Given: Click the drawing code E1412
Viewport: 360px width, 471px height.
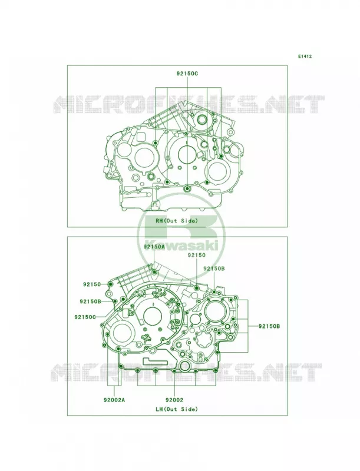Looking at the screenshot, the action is tap(305, 56).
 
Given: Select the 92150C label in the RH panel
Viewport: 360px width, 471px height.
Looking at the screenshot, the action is tap(187, 73).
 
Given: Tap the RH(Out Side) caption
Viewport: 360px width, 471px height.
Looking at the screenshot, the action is tap(177, 221).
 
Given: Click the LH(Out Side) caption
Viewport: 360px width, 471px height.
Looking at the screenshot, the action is tap(177, 409).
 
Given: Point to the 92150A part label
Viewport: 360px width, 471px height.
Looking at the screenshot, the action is tap(154, 247).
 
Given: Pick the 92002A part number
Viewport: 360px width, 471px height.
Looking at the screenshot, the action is tap(114, 400).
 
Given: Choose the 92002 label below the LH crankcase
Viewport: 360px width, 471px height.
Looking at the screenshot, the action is tap(174, 400).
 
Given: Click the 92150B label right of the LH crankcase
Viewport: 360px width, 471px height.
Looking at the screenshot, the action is tap(269, 326).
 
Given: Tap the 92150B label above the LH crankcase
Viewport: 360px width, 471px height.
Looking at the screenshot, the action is tap(214, 268).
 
